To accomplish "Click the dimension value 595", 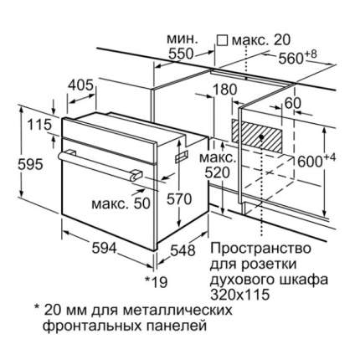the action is coord(30,164).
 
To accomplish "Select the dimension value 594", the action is coord(104,247).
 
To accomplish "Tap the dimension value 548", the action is coord(183,250).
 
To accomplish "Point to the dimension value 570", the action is coord(179,199).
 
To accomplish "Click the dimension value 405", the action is coord(80,85).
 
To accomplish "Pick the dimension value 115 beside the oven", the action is coord(39,125).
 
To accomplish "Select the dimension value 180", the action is coord(225,90).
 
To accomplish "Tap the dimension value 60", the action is coord(293,104).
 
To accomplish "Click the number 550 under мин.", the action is coord(181,54).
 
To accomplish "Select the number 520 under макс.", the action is coord(218,173).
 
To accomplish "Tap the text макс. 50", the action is coord(121,204).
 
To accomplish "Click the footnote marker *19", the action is coord(157,282).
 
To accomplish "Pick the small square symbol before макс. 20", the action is coord(223,40).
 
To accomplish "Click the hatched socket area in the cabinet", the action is coord(257,136).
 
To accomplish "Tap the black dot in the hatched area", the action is coord(261,137).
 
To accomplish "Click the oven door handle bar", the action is coord(100,166).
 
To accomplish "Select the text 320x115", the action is coord(240,295).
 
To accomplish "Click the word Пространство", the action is coord(260,249).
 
